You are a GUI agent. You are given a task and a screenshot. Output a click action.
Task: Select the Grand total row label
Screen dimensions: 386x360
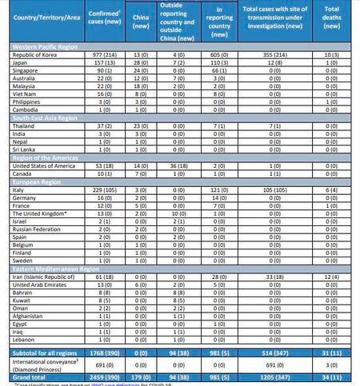coord(29,375)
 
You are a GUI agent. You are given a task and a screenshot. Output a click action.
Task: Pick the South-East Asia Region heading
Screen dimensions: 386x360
coord(39,118)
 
